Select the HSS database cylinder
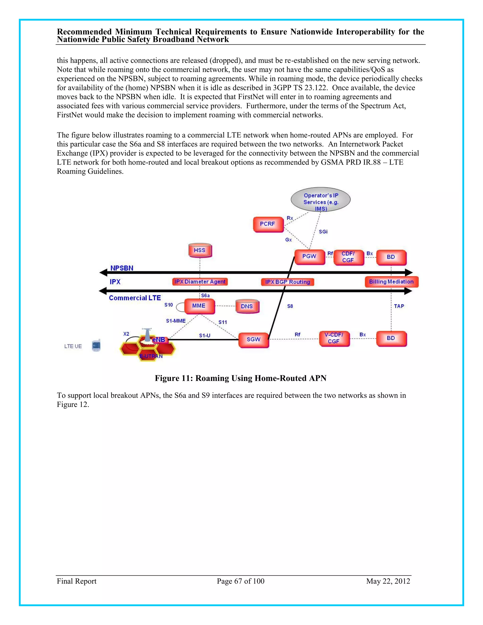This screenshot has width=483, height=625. tap(200, 250)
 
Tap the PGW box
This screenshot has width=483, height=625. tap(309, 256)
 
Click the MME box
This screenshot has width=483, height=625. tap(199, 306)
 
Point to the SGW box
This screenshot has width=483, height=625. tap(254, 340)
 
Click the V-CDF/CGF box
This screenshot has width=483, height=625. tap(334, 338)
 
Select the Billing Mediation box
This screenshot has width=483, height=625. tap(391, 282)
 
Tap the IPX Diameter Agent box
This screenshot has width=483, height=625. tap(200, 282)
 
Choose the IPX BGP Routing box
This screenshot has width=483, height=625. tap(287, 282)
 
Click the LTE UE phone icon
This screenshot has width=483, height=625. tap(96, 346)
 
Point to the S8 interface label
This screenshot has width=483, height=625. tap(290, 306)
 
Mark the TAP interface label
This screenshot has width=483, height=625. tap(399, 306)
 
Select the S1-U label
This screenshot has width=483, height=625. tap(204, 335)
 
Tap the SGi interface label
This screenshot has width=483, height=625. tap(323, 232)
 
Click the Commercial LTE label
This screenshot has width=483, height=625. tap(135, 298)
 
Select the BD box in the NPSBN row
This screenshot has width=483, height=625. tap(391, 257)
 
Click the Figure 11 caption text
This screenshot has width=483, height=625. tap(240, 378)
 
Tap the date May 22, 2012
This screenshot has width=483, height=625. tap(388, 581)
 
